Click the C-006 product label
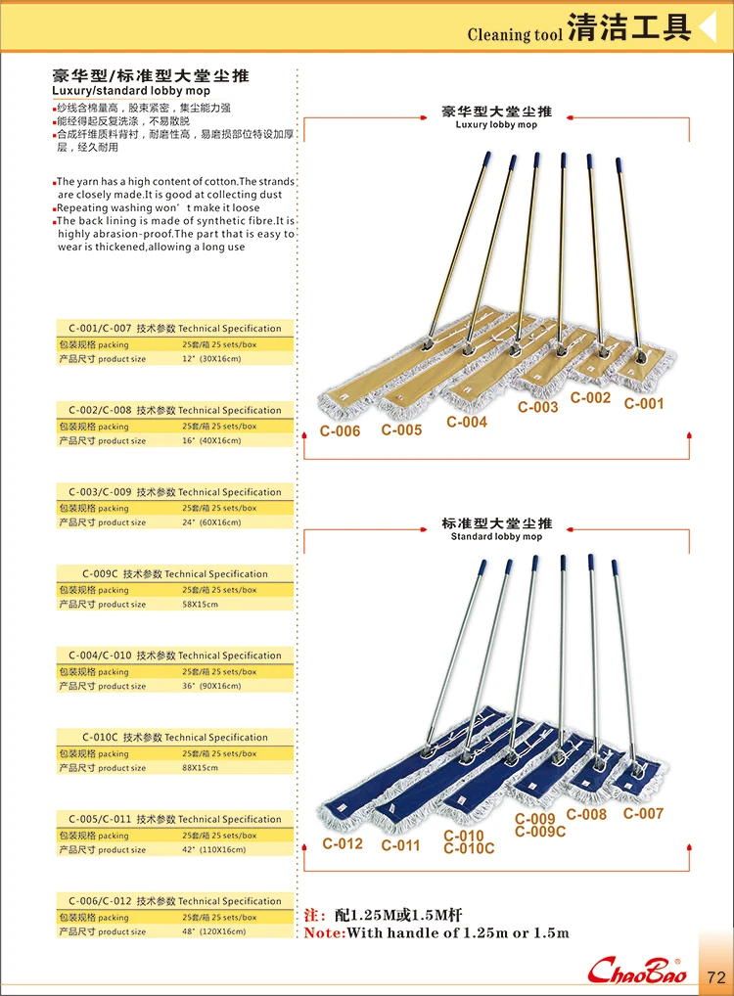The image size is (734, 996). pyautogui.click(x=341, y=431)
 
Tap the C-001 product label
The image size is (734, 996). pyautogui.click(x=644, y=403)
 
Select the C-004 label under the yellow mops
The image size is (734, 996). pyautogui.click(x=467, y=422)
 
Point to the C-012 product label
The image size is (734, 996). pyautogui.click(x=343, y=843)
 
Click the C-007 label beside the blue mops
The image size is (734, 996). pyautogui.click(x=643, y=813)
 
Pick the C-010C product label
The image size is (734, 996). pyautogui.click(x=469, y=848)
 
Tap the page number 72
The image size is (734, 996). pyautogui.click(x=715, y=975)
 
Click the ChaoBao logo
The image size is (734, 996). pyautogui.click(x=637, y=971)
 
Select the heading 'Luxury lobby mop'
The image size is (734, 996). pyautogui.click(x=496, y=125)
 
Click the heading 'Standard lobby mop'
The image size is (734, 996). pyautogui.click(x=496, y=537)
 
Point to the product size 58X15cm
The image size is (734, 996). pyautogui.click(x=200, y=605)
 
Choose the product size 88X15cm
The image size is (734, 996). pyautogui.click(x=200, y=768)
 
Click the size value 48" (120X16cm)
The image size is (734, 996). pyautogui.click(x=213, y=931)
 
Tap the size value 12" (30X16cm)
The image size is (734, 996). pyautogui.click(x=210, y=359)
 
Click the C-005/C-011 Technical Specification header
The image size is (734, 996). pyautogui.click(x=175, y=819)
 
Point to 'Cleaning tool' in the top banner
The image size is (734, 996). pyautogui.click(x=515, y=35)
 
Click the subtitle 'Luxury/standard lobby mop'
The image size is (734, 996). pyautogui.click(x=131, y=91)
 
